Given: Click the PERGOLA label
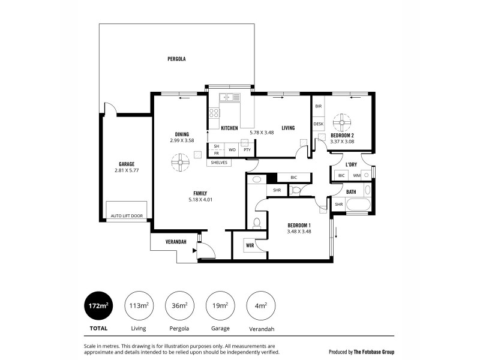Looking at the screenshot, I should click(176, 59).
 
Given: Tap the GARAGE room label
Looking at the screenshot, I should click(126, 164).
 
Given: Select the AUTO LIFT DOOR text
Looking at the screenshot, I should click(127, 215).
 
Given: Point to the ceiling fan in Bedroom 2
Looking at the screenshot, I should click(343, 123).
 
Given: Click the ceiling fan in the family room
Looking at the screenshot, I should click(179, 163).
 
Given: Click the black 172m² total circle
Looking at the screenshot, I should click(98, 306).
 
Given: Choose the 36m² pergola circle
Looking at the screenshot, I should click(178, 306).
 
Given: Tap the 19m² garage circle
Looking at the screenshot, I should click(220, 306).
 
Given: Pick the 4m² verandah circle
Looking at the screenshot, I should click(261, 306).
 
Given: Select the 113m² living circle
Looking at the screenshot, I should click(139, 306).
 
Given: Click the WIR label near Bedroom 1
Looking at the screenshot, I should click(250, 245).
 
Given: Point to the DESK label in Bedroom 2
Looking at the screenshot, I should click(318, 124).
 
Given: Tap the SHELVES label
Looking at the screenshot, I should click(219, 162).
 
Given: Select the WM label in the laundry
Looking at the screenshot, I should click(357, 175).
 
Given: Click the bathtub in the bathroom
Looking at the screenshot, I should click(359, 204).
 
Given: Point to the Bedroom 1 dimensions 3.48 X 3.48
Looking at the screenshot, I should click(299, 232).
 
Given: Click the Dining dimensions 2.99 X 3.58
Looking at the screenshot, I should click(182, 140).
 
